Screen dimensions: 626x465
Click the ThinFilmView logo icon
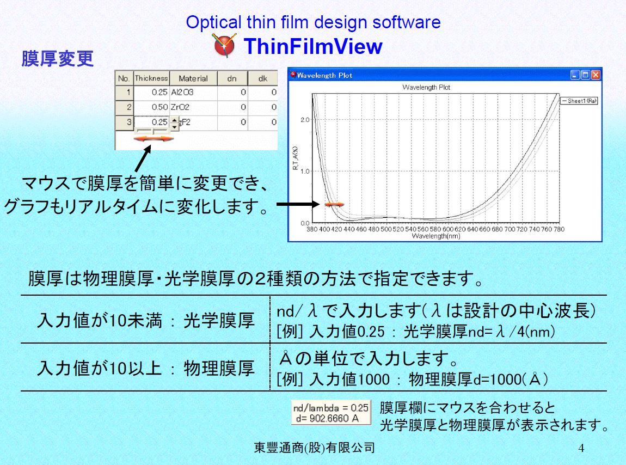225,45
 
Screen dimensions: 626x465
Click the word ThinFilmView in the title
313,46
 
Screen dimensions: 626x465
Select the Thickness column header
151,78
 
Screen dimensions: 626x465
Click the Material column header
193,78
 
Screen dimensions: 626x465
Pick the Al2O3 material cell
194,92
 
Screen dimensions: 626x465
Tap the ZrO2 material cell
194,107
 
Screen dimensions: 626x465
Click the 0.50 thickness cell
151,107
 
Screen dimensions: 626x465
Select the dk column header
263,78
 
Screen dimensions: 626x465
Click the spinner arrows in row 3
175,123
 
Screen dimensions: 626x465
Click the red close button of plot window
596,75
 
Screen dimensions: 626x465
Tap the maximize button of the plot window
585,75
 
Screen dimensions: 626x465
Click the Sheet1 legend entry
579,101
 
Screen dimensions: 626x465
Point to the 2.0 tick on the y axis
305,119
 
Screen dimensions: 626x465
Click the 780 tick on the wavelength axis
559,229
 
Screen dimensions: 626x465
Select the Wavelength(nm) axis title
436,236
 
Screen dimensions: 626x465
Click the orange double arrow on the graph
334,205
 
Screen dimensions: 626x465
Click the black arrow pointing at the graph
298,204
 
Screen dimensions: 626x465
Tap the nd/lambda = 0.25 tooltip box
331,413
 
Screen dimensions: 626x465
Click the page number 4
581,448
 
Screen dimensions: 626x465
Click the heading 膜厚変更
58,59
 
